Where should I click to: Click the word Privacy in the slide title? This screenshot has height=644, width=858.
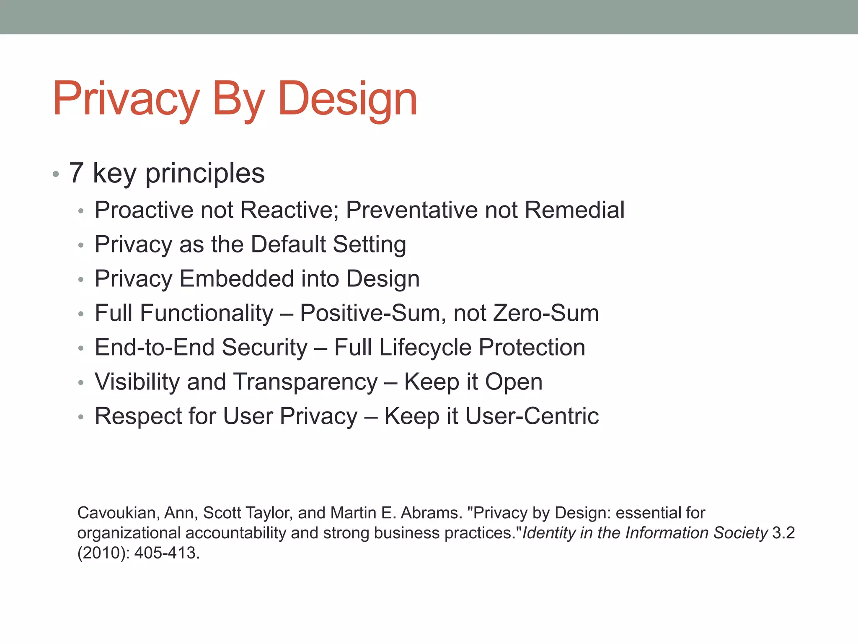point(126,99)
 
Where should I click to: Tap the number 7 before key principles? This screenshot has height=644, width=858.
point(76,173)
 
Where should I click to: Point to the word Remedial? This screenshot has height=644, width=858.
point(574,210)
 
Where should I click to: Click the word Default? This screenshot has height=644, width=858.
point(288,244)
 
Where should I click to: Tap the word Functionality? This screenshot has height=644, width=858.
point(207,313)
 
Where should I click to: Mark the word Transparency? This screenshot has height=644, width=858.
point(305,382)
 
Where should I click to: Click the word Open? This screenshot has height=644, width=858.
point(514,382)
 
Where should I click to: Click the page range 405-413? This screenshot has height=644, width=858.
point(165,553)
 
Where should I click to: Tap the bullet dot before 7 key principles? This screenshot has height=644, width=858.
point(56,174)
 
